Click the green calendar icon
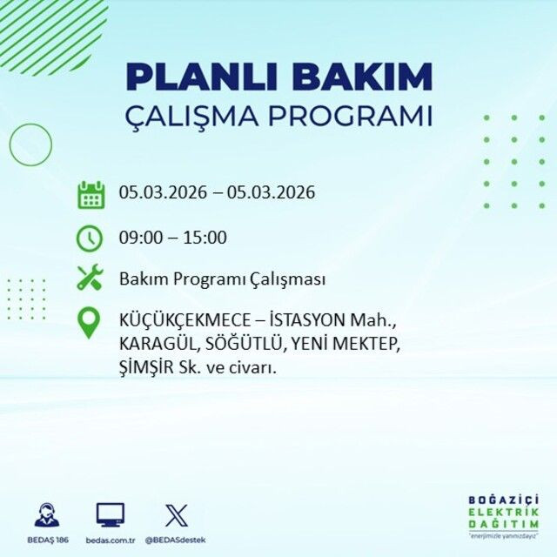tap(91, 193)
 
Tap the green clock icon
tap(90, 237)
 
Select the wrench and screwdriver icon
tap(90, 278)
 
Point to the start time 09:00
tap(138, 237)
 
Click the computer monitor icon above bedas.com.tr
tap(110, 515)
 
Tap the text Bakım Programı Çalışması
tap(222, 279)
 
